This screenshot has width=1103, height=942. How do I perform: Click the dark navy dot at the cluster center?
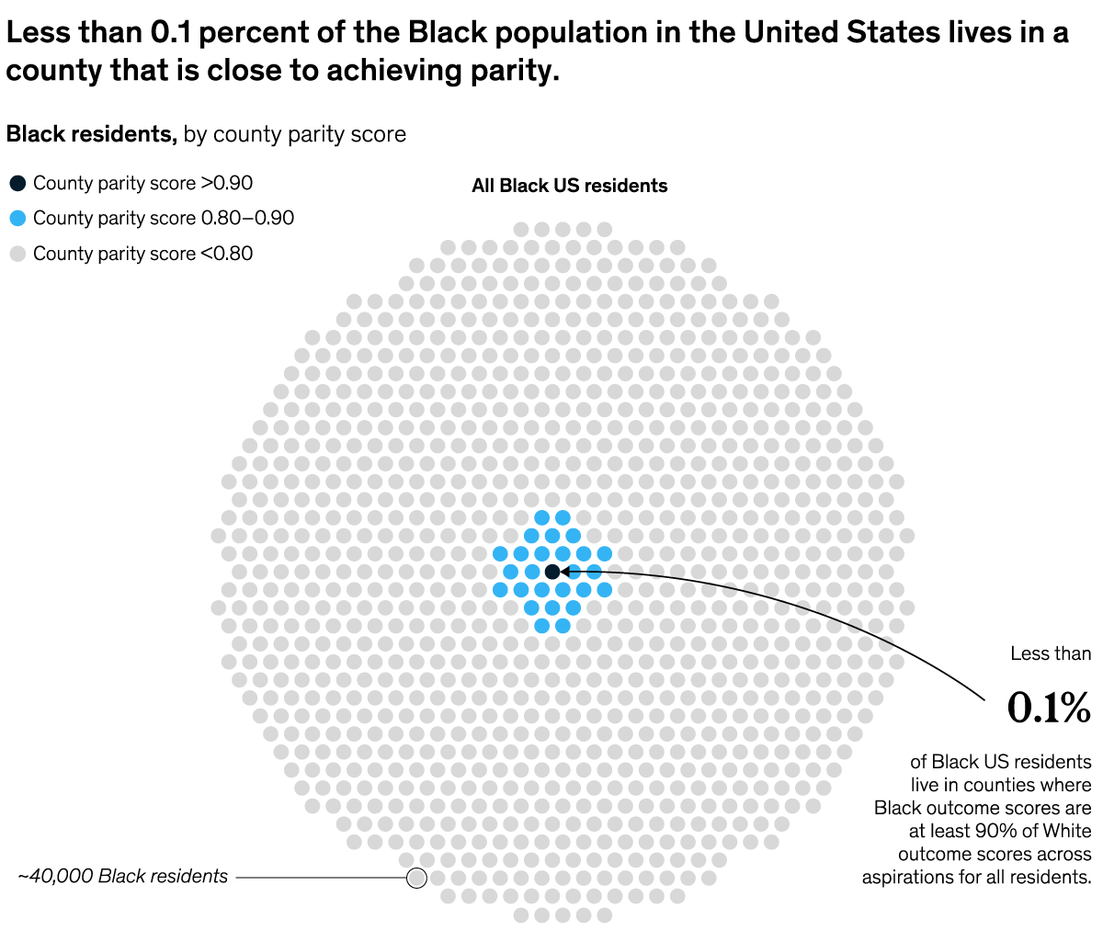551,572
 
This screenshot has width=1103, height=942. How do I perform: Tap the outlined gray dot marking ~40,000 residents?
416,878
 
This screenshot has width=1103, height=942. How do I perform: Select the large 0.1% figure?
1049,708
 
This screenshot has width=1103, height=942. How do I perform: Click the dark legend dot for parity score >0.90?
17,183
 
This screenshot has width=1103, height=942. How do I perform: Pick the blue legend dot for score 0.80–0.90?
17,219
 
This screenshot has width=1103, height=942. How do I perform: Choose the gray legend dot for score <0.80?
17,254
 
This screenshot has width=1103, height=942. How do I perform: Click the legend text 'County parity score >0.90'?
142,183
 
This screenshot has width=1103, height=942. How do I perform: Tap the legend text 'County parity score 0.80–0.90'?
164,219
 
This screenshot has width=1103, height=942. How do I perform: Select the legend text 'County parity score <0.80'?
142,254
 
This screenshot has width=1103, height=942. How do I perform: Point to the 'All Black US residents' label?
569,186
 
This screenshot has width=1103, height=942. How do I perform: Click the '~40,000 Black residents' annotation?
122,877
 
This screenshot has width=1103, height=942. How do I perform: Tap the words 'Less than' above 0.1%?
1051,653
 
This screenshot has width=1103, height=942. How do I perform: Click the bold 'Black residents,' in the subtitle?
91,134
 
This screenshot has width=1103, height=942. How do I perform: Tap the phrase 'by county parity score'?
295,134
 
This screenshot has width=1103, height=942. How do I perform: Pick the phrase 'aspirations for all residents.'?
976,878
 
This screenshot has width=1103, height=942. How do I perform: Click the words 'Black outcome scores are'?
983,809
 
